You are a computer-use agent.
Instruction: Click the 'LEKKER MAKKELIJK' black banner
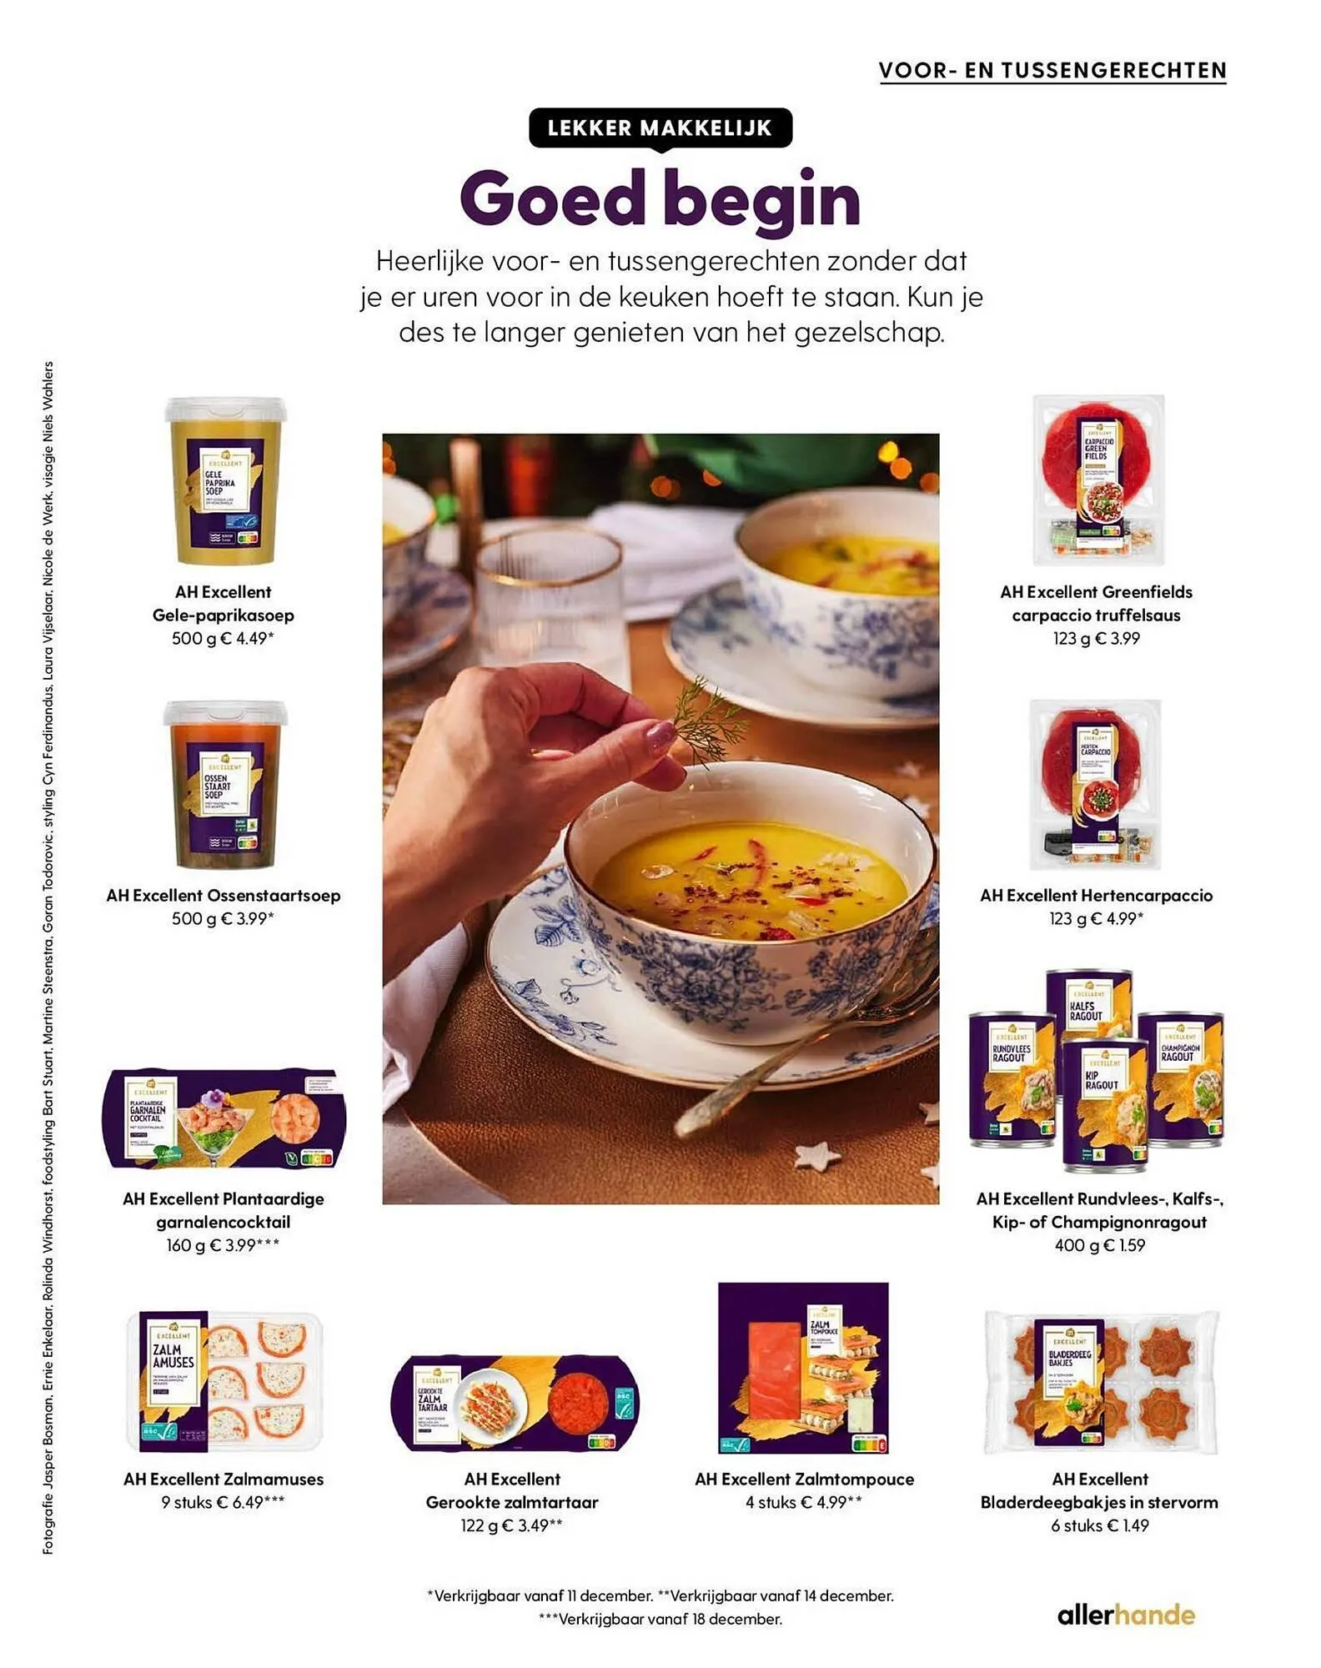(x=660, y=128)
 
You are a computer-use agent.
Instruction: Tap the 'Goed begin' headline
(x=660, y=199)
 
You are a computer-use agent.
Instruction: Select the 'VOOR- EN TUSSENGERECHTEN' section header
(x=1052, y=71)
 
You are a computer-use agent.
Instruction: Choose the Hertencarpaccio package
(x=1095, y=784)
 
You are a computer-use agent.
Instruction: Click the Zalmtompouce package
(x=803, y=1369)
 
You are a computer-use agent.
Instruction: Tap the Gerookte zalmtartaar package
(x=515, y=1403)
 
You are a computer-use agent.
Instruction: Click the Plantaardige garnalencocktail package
(x=224, y=1118)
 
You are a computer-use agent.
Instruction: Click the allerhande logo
(x=1126, y=1615)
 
